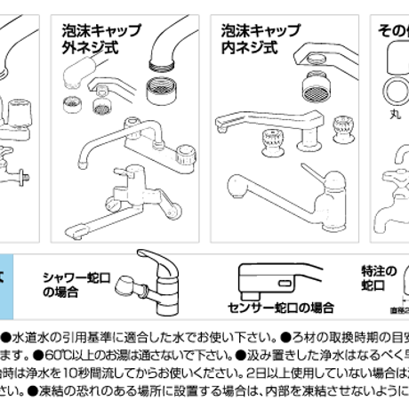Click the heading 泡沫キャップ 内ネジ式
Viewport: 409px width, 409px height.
[x=257, y=37]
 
